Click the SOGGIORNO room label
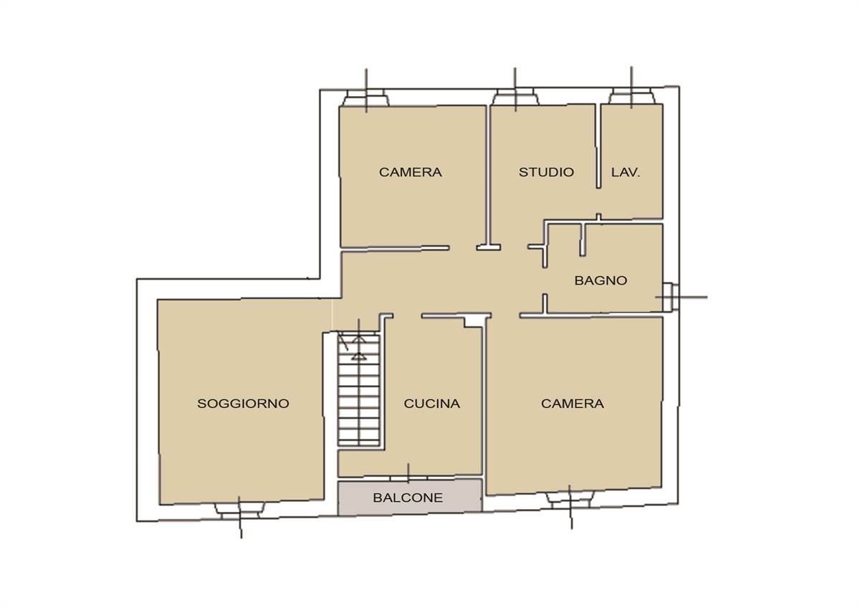coord(243,403)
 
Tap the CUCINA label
coord(432,403)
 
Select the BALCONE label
coord(408,498)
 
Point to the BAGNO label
coord(601,280)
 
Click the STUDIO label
coord(546,172)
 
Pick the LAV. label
coord(626,172)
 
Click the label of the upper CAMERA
coord(411,172)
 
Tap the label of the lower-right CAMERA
coord(573,403)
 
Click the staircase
coord(359,390)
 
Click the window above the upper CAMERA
coord(366,98)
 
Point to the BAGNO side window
coord(670,297)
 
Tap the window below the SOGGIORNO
coord(239,510)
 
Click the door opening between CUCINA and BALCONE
coord(408,478)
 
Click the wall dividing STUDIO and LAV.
coord(598,146)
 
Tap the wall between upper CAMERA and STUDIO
coord(488,176)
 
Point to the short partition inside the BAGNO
coord(583,239)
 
